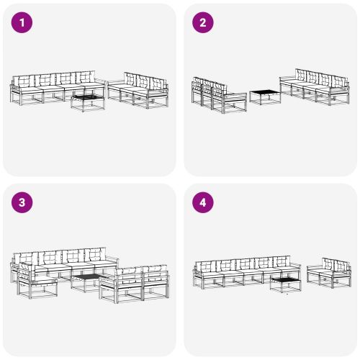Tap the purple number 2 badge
pos(202,22)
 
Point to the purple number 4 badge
pos(202,202)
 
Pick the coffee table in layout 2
pos(264,96)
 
